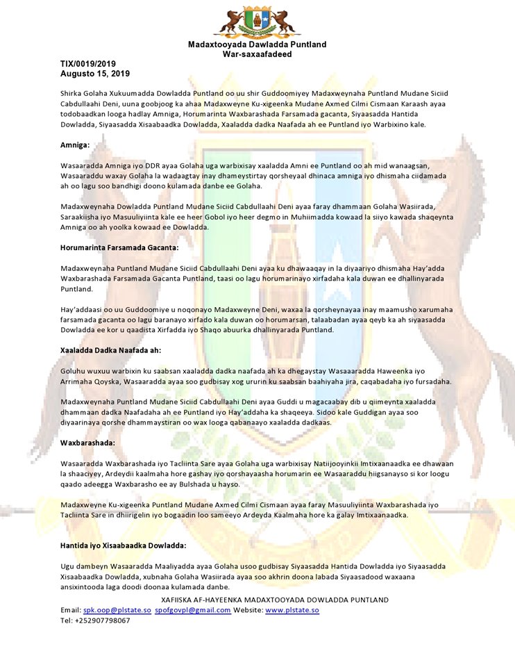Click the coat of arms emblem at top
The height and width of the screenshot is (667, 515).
257,22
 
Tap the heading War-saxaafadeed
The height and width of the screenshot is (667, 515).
257,54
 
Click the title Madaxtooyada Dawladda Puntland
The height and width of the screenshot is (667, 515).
257,45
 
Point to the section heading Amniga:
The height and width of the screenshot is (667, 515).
76,145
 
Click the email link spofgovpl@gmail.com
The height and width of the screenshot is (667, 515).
193,610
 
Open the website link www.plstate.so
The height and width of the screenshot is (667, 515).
292,610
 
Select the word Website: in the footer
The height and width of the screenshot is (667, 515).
248,610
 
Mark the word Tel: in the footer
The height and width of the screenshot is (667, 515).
67,620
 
